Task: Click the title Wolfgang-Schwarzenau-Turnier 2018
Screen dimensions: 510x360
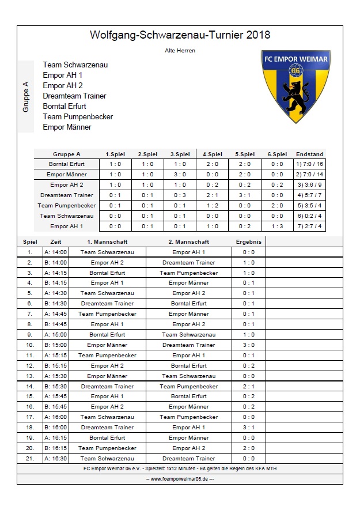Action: tap(180, 36)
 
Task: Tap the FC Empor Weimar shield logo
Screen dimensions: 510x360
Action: tap(295, 85)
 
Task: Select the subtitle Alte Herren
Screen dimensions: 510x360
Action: tap(180, 51)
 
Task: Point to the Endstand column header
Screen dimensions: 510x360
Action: tap(309, 154)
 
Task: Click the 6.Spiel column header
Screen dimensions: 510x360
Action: tap(277, 154)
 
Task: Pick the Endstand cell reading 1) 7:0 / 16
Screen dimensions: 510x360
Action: tap(309, 164)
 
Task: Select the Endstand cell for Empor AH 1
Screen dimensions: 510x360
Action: tap(309, 226)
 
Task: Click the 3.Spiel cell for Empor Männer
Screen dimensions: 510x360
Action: tap(180, 175)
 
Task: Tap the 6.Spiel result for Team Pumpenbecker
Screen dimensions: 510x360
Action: tap(277, 206)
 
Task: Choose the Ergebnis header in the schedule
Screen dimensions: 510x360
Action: tap(249, 242)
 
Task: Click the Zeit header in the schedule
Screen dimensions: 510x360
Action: tap(56, 242)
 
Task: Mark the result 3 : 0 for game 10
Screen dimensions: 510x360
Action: tap(249, 345)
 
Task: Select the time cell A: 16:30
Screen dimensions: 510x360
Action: tap(56, 459)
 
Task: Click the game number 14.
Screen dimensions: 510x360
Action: tap(29, 387)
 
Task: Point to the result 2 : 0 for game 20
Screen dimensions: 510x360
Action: tap(249, 448)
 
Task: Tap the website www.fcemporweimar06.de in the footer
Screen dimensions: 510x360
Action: tap(180, 479)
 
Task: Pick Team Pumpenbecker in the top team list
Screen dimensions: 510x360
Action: tap(78, 117)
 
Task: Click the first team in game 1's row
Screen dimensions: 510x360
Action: tap(107, 252)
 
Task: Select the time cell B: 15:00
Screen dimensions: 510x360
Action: tap(56, 345)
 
